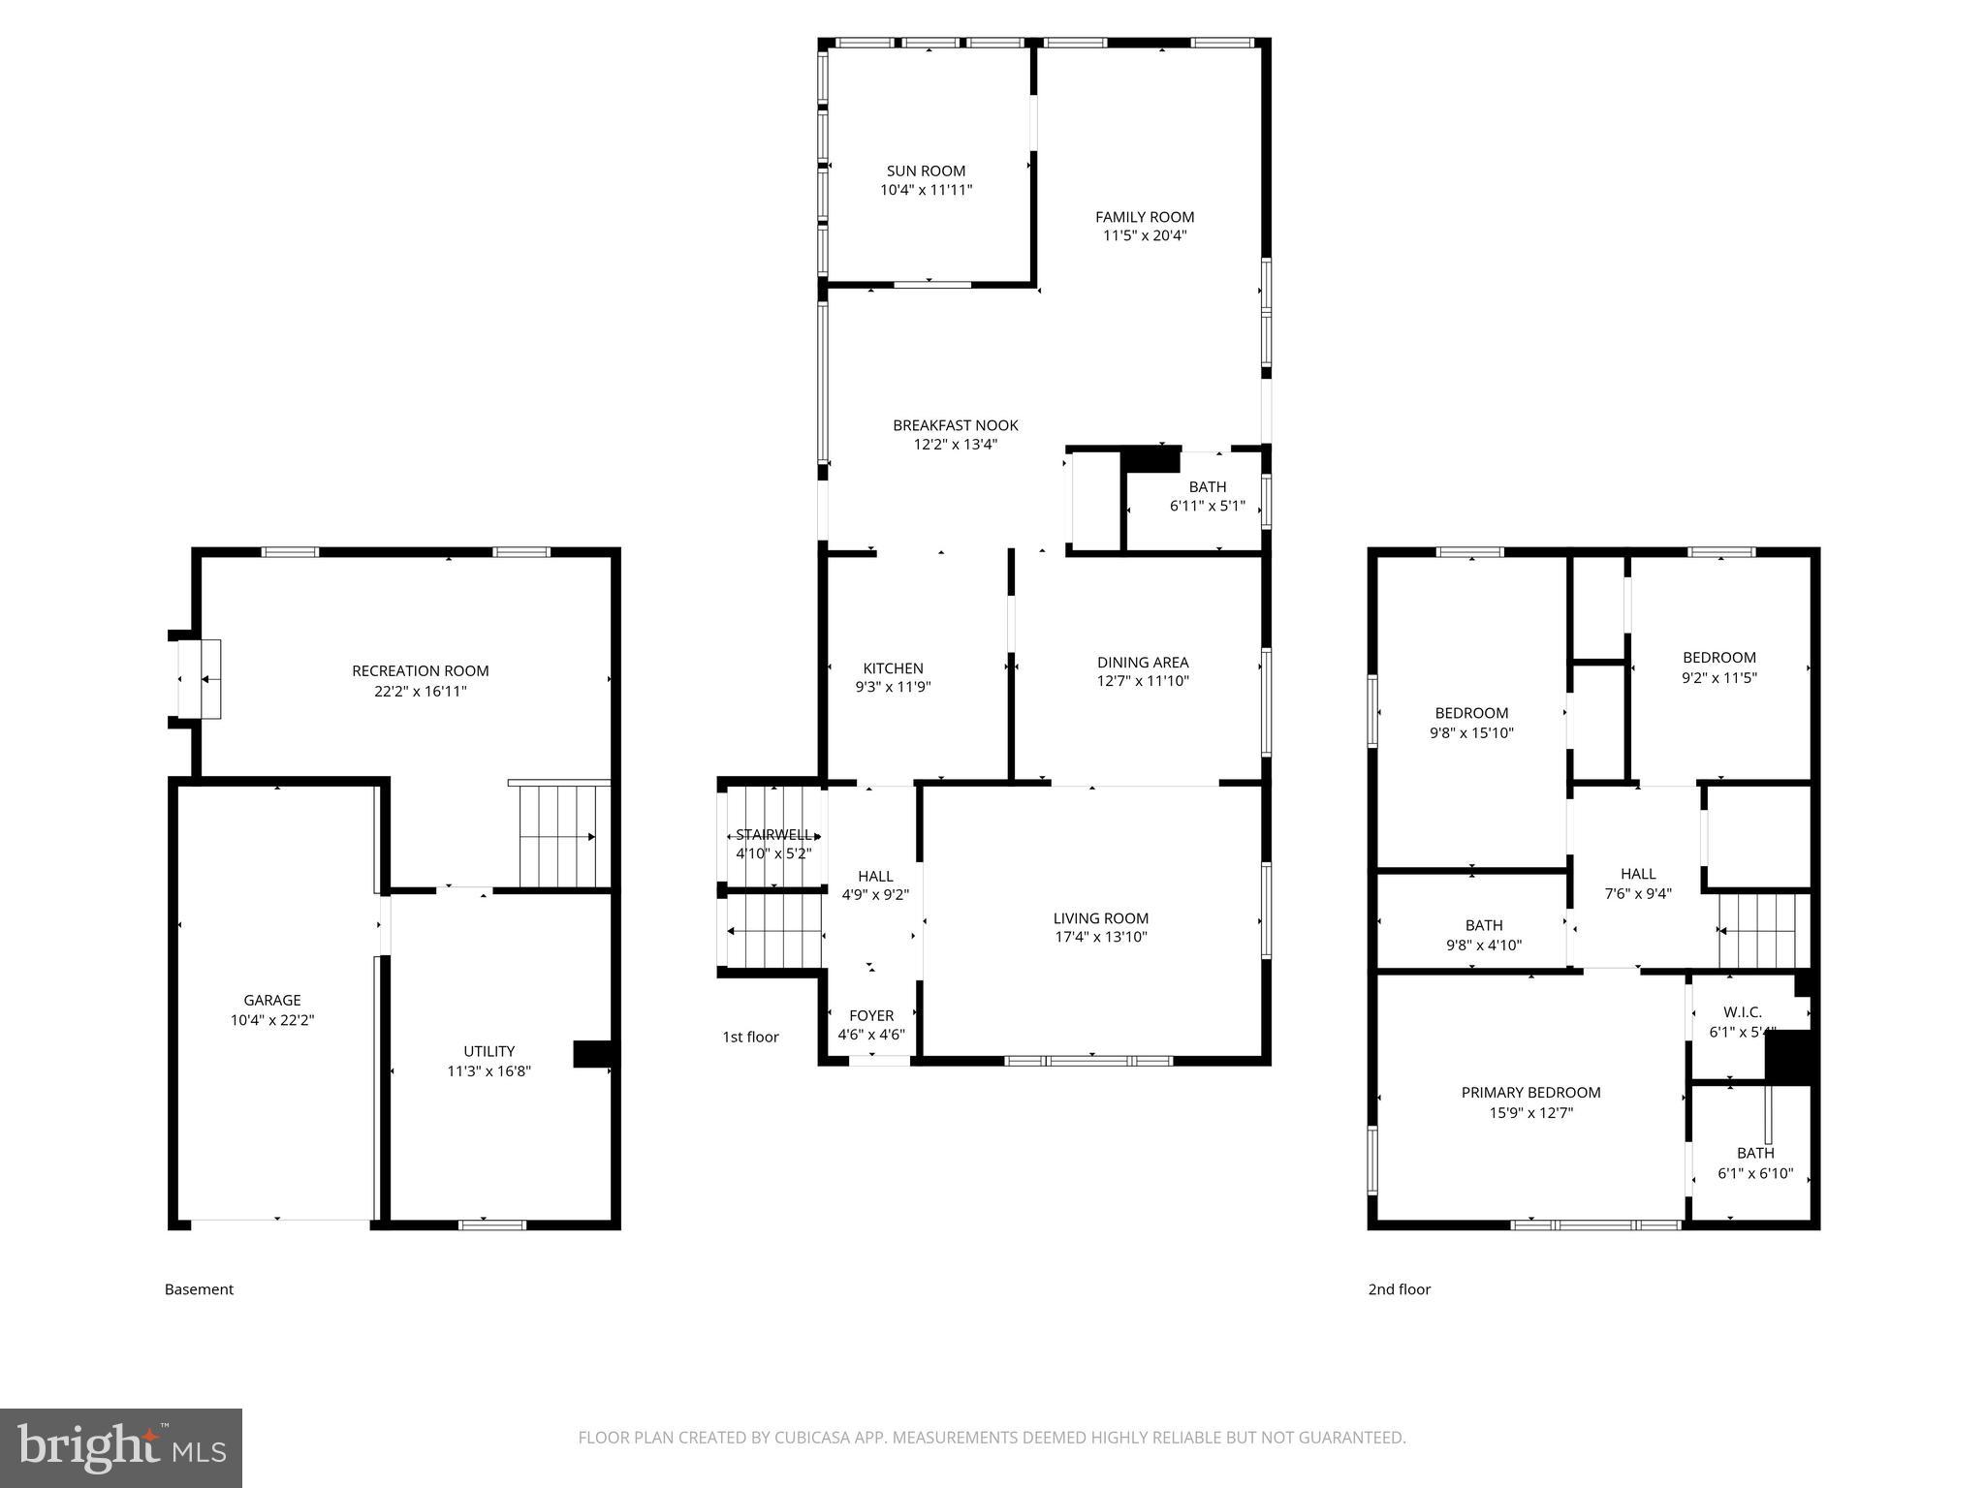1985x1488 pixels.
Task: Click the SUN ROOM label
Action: (x=926, y=171)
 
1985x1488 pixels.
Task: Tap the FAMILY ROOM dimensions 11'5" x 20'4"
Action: (x=1145, y=235)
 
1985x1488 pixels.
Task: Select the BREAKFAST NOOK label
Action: (x=955, y=425)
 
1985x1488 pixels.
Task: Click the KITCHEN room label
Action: (x=893, y=668)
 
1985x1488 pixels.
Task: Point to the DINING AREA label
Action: (x=1143, y=663)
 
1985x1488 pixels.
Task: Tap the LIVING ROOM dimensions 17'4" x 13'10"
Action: (x=1101, y=937)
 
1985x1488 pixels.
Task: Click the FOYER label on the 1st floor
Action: (x=870, y=1015)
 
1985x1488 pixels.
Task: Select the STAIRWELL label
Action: (x=773, y=835)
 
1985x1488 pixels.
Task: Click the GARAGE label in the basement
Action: (x=272, y=1001)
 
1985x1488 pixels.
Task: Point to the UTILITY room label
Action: (x=488, y=1051)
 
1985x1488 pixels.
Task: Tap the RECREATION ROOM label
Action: (x=420, y=671)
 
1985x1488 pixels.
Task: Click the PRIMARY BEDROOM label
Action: (x=1530, y=1093)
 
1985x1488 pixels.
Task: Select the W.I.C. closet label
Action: (x=1743, y=1012)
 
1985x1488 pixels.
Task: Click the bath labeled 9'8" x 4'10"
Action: (x=1484, y=935)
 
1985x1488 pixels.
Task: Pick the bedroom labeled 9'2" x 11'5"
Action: (x=1718, y=667)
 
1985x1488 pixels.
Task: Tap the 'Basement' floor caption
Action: (x=199, y=1289)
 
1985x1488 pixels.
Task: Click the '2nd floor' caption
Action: (x=1399, y=1289)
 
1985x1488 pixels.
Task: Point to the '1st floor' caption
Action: (x=750, y=1037)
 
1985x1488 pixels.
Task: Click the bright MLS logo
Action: (x=121, y=1447)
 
